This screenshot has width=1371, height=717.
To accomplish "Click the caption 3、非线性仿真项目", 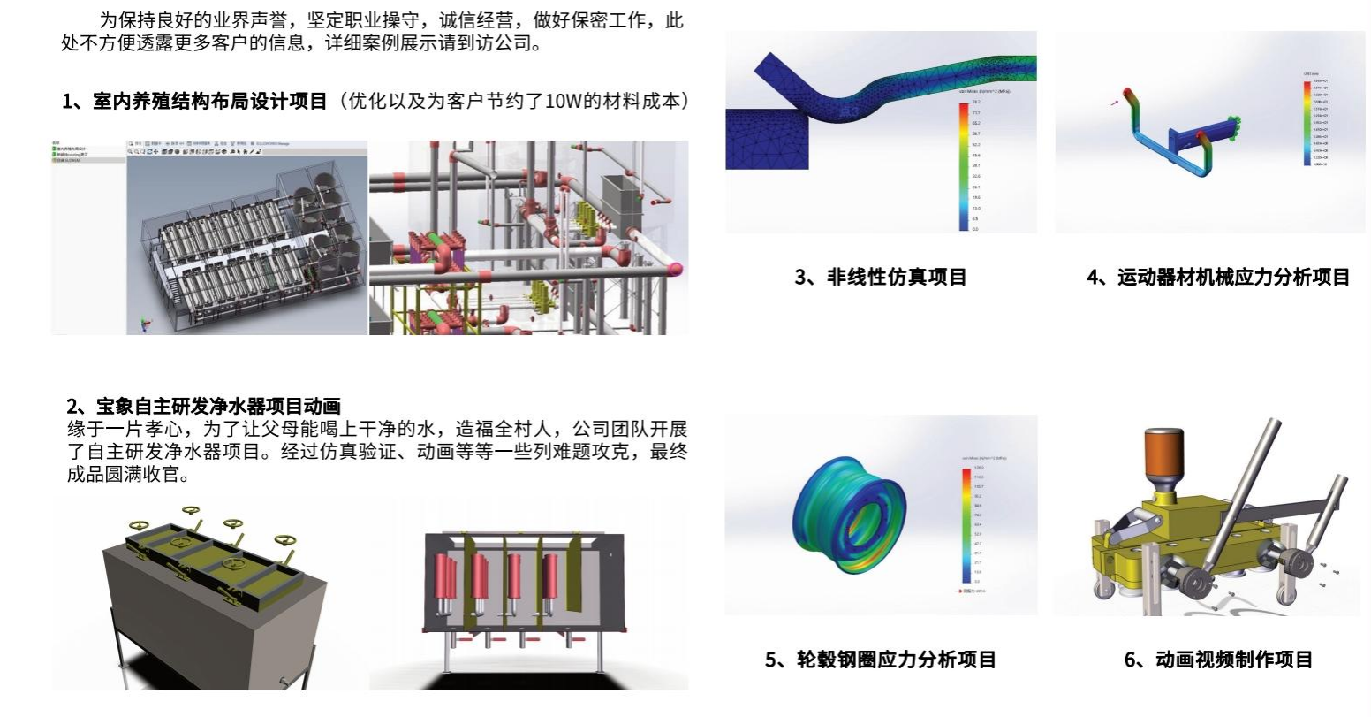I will [880, 278].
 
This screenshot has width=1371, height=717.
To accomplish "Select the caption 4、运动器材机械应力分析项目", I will [1218, 278].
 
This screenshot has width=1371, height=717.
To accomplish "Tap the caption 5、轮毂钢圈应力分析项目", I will [881, 660].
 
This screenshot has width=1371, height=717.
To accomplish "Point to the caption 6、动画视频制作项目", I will [1218, 660].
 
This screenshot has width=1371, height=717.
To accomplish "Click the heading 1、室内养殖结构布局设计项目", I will [195, 101].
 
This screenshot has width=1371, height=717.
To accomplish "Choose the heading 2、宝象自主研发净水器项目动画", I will [204, 407].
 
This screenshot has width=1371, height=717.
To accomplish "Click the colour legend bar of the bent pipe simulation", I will [964, 167].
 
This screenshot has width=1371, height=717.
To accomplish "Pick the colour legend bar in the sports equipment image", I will [1306, 123].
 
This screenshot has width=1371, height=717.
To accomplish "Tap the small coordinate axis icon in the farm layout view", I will [147, 323].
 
